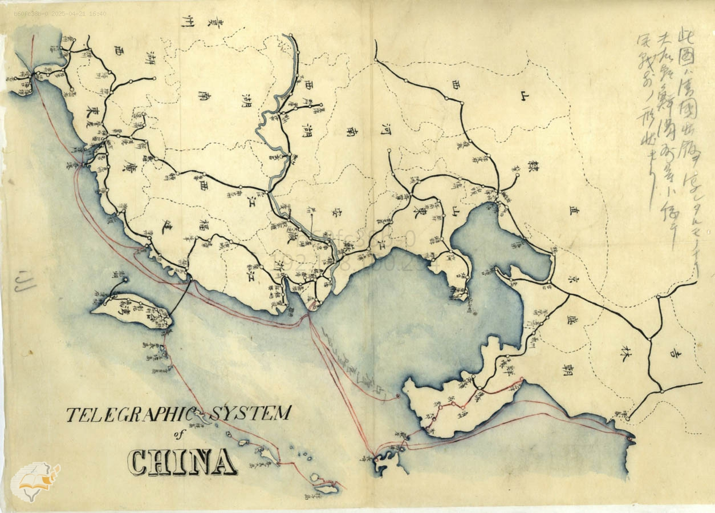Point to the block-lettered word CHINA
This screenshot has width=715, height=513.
coord(182,462)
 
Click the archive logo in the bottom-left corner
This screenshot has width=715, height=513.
coord(35,483)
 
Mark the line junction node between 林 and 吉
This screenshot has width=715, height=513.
coord(650,340)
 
